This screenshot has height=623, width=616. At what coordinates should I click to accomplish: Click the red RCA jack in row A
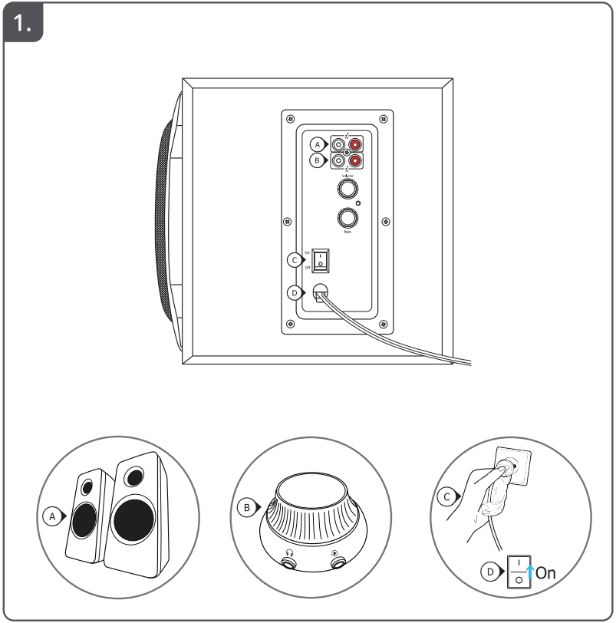(x=354, y=143)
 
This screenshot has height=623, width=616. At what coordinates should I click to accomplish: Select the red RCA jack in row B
(x=354, y=161)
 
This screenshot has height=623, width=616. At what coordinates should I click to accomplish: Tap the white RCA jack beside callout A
(x=338, y=143)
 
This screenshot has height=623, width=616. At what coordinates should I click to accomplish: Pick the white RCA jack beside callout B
(x=338, y=161)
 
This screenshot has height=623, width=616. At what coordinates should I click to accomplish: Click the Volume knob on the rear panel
(x=348, y=187)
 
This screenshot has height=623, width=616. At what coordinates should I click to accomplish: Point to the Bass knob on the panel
(x=348, y=217)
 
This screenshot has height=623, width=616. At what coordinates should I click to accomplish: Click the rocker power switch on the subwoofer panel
(x=321, y=260)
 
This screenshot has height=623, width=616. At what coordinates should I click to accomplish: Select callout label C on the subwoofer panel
(x=294, y=260)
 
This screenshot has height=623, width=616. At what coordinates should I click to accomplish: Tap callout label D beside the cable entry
(x=294, y=292)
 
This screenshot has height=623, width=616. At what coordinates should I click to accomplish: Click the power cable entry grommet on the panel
(x=321, y=293)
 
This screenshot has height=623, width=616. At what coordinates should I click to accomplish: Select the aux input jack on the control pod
(x=336, y=562)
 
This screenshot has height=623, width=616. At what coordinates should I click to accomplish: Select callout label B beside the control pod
(x=247, y=507)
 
